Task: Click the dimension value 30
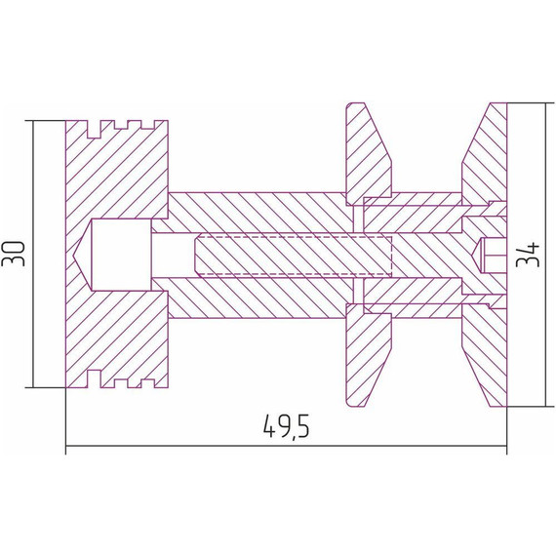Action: click(14, 254)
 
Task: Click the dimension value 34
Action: click(528, 255)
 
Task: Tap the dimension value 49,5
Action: click(287, 426)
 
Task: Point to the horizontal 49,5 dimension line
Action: click(287, 446)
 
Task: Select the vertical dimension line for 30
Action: click(33, 254)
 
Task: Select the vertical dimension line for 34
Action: click(546, 255)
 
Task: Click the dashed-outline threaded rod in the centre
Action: click(294, 255)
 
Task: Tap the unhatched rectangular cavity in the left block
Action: click(122, 255)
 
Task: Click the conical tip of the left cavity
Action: click(82, 255)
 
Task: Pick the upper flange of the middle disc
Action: click(368, 154)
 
